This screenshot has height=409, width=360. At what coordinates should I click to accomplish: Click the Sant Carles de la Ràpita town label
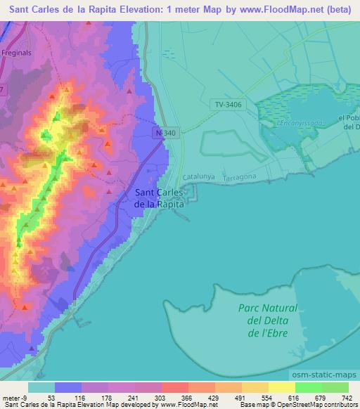[x=159, y=197]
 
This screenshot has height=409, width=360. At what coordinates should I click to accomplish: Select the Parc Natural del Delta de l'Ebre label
[x=267, y=320]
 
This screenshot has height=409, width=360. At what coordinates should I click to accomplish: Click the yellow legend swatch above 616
[x=281, y=387]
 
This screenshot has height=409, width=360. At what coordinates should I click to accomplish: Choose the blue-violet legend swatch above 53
[x=68, y=387]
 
